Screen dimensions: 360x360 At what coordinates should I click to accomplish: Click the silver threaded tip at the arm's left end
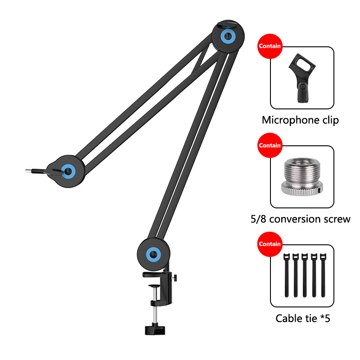[28, 171]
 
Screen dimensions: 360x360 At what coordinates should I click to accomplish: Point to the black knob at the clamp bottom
[155, 329]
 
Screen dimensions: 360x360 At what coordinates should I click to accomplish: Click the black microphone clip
[302, 77]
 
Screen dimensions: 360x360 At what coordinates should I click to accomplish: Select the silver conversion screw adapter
[302, 176]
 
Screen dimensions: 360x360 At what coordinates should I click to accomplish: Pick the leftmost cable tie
[287, 275]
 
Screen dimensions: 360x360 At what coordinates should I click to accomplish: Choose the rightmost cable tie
[323, 275]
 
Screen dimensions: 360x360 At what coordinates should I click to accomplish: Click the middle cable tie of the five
[305, 275]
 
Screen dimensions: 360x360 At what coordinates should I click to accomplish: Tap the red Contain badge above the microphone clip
[270, 46]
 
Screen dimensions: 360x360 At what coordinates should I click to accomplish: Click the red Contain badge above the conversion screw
[270, 145]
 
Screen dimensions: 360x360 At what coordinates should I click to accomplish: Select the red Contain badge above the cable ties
[270, 244]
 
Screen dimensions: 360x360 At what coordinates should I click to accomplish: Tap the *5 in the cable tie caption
[325, 318]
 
